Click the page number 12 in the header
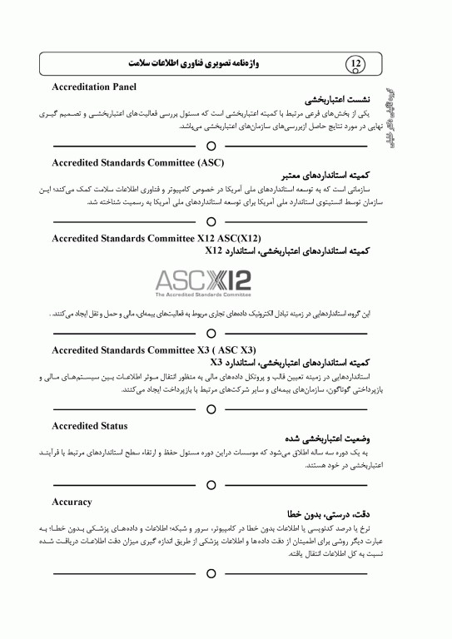356,63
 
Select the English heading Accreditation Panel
93,87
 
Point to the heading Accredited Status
89,426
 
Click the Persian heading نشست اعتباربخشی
332,98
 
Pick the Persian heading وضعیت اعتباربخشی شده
325,438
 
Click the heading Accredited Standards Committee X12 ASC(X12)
145,239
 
